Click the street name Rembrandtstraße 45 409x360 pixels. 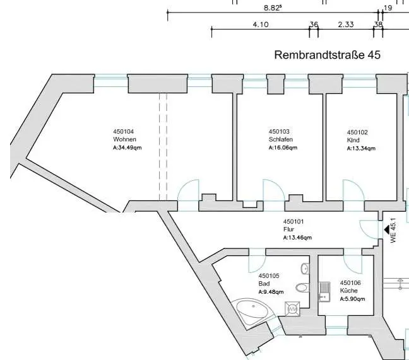point(327,55)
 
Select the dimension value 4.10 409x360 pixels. point(260,25)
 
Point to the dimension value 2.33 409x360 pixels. point(345,25)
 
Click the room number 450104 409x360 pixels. point(123,131)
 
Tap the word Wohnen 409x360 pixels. point(124,139)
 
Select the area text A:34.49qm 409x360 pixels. point(127,147)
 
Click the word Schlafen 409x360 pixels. point(280,139)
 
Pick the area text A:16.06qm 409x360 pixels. point(283,148)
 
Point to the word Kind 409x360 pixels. point(353,141)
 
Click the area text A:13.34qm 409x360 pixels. point(361,149)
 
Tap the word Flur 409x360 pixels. point(288,229)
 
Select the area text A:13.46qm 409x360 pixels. point(297,238)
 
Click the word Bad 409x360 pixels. point(264,284)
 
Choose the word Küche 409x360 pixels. point(348,291)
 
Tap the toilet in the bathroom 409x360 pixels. point(302,288)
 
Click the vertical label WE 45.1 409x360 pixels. point(393,230)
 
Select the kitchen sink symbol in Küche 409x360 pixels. point(324,291)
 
